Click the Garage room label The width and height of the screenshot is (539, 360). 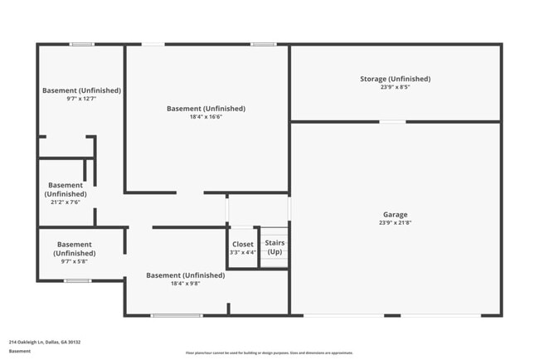click(395, 215)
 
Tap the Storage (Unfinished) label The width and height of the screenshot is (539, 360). click(395, 79)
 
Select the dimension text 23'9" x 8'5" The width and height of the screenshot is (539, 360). click(395, 87)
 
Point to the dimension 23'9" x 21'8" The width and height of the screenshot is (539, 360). click(395, 223)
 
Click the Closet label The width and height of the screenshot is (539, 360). click(243, 244)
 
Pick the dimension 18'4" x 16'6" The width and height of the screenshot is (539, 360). click(206, 117)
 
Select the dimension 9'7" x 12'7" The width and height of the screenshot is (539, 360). click(81, 99)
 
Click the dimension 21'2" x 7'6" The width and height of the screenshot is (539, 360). click(66, 202)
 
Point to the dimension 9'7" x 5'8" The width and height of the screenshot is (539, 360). click(75, 261)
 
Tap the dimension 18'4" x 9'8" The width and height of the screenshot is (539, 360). click(185, 284)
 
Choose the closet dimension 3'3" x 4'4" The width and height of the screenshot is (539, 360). click(243, 252)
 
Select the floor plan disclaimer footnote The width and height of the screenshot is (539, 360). click(269, 353)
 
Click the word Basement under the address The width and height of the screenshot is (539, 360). click(20, 351)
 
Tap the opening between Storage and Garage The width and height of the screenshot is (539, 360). click(392, 122)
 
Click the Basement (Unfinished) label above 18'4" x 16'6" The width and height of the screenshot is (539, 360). click(206, 109)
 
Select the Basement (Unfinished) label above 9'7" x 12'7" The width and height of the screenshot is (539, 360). click(81, 90)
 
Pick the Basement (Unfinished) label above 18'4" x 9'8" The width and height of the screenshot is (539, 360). click(185, 275)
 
